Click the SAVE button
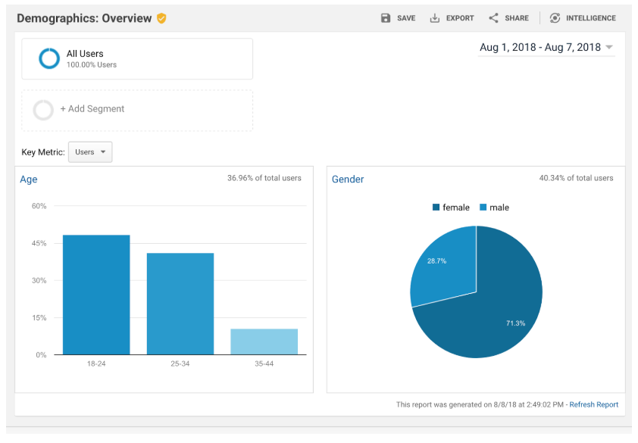[x=398, y=18]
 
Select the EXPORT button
[x=452, y=18]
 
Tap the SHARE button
[x=508, y=18]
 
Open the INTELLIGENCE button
[x=583, y=18]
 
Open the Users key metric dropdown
[x=90, y=152]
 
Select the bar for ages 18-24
[x=96, y=295]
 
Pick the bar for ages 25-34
[x=180, y=304]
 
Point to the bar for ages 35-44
[x=264, y=342]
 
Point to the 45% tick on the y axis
[x=39, y=243]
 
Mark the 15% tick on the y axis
[x=39, y=317]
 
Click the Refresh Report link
[x=594, y=404]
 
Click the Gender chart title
[x=348, y=179]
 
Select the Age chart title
[x=29, y=179]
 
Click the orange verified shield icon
[x=161, y=18]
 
